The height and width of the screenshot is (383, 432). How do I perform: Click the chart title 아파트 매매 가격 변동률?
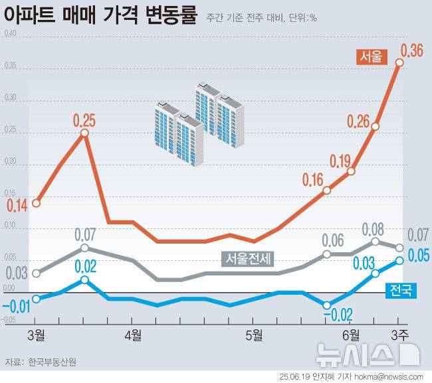point(100,15)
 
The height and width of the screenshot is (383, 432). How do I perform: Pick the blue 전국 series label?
point(401,289)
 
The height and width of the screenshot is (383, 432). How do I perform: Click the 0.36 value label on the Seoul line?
point(411,50)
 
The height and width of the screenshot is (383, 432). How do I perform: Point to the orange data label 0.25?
point(84,120)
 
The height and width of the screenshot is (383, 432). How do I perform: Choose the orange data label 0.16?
point(312,179)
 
